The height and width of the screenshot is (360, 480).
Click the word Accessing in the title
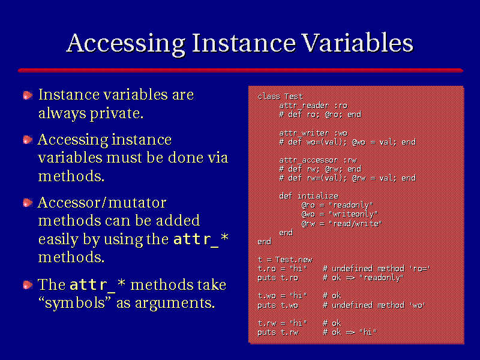pos(126,43)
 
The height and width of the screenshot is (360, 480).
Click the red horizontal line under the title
pos(241,70)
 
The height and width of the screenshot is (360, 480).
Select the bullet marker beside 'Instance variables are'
pos(28,95)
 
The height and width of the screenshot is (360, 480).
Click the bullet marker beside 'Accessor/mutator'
pos(28,203)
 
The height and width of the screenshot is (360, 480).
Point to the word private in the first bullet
pos(116,114)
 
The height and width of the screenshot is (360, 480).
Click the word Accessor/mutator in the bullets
pos(102,203)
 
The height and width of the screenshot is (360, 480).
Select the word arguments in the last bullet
pos(175,304)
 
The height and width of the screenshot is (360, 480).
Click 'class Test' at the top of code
pos(280,97)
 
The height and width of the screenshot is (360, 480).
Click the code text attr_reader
pos(304,106)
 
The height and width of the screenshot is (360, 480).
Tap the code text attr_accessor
pos(308,160)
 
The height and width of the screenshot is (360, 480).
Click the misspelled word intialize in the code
pos(318,196)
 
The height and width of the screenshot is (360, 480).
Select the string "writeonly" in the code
pos(353,214)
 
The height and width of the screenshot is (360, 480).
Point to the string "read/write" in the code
pos(355,223)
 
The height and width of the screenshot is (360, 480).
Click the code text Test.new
pos(293,260)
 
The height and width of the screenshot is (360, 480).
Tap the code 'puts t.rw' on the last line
pos(278,332)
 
